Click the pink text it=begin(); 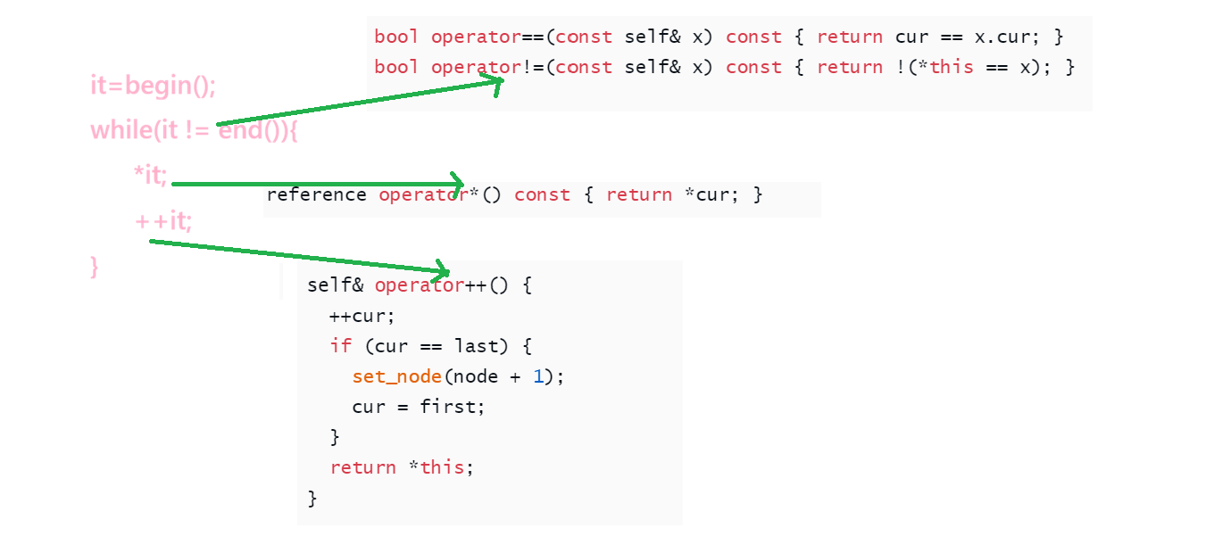154,87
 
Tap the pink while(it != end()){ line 194,131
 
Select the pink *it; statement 150,176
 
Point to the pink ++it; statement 163,220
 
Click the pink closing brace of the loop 95,266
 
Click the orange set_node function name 396,376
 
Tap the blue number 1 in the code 538,376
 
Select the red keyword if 341,346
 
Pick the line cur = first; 419,407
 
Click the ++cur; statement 362,316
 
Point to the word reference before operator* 316,194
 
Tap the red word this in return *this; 442,467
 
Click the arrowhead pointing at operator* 457,184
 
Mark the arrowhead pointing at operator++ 442,270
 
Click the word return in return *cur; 638,194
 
